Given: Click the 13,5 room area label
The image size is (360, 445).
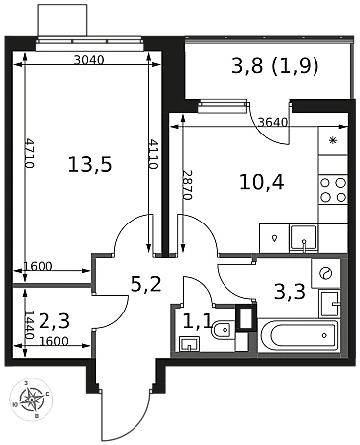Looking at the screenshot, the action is point(90,164).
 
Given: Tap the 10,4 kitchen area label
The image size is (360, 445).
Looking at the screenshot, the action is point(262,182).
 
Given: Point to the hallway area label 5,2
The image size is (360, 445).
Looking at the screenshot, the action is point(145,284).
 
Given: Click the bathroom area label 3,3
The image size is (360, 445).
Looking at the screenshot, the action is point(290,291).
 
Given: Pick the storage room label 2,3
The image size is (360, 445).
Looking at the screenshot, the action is point(54,321).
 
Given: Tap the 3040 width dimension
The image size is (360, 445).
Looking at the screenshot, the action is point(89,60).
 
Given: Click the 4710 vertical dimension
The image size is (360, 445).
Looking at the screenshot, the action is point(30,153).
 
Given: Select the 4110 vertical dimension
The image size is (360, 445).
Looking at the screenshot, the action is point(153,154).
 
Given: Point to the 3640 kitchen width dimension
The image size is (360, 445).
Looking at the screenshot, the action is point(273,123).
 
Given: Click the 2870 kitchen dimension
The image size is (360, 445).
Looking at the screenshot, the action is point(187,185).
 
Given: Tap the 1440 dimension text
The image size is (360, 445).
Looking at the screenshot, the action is point(30,325).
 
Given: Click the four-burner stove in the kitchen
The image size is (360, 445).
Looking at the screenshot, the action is point(333,190).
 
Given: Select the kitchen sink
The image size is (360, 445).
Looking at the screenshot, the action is point(304,238).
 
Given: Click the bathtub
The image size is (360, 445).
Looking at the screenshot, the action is point(300,336).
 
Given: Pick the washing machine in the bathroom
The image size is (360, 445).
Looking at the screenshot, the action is point(325,273).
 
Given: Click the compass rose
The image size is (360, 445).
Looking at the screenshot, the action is point(31,400).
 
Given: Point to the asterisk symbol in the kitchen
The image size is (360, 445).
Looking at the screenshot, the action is point(333,140).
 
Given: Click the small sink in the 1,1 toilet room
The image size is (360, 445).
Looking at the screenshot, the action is point(189,344).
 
